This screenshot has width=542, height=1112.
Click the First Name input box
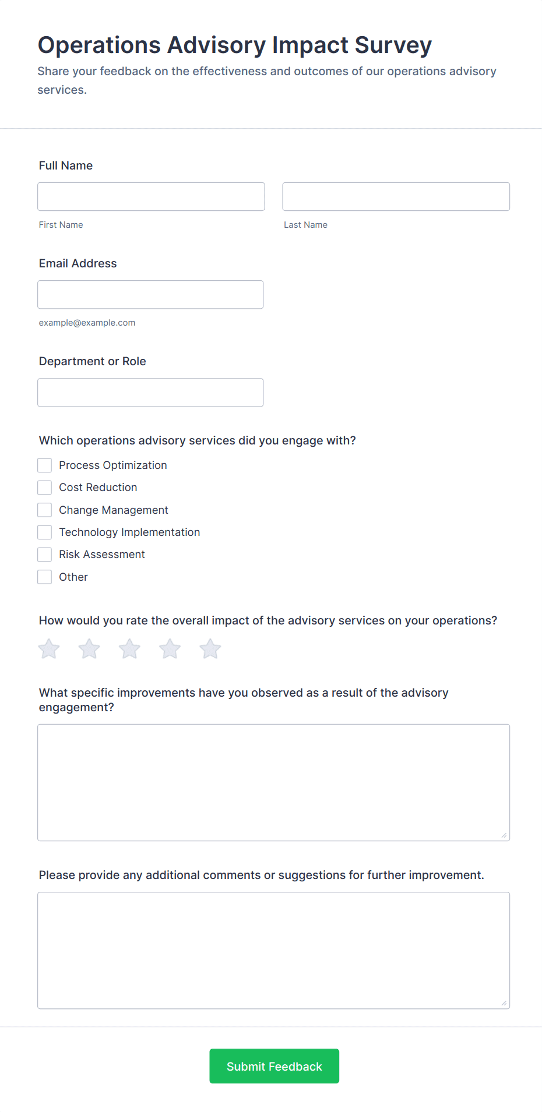[x=151, y=197]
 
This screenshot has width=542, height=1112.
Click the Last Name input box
[x=396, y=197]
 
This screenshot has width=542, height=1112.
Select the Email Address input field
[x=150, y=295]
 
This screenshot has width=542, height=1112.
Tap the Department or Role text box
[x=150, y=393]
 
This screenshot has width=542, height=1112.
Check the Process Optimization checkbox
[x=45, y=465]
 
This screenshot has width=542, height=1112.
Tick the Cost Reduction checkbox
[x=45, y=488]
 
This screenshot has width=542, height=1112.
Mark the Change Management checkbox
[x=45, y=510]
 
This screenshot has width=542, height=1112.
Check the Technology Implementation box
[x=45, y=532]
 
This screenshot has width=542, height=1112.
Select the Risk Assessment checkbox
[x=45, y=555]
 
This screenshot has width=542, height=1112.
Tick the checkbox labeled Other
[x=45, y=577]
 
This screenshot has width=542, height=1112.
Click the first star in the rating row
[x=50, y=649]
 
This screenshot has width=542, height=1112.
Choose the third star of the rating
[x=129, y=649]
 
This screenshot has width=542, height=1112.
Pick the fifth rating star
[x=210, y=649]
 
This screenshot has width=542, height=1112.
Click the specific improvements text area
[x=273, y=782]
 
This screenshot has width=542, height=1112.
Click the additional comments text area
[x=273, y=950]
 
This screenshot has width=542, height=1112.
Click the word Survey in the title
[x=393, y=45]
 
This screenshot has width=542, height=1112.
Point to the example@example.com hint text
[x=87, y=323]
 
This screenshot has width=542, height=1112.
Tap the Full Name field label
[x=66, y=165]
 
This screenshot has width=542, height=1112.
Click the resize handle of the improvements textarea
[x=504, y=835]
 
